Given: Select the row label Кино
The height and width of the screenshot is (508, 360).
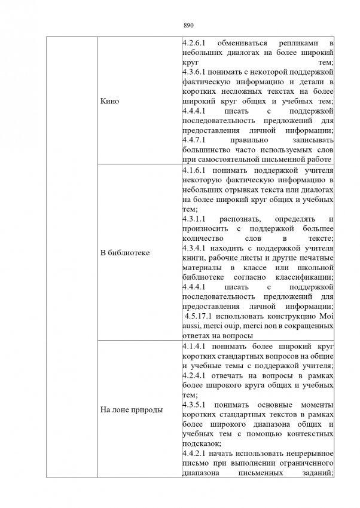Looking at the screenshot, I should [x=111, y=101].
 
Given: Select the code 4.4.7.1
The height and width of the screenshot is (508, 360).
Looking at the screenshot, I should [x=195, y=142].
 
